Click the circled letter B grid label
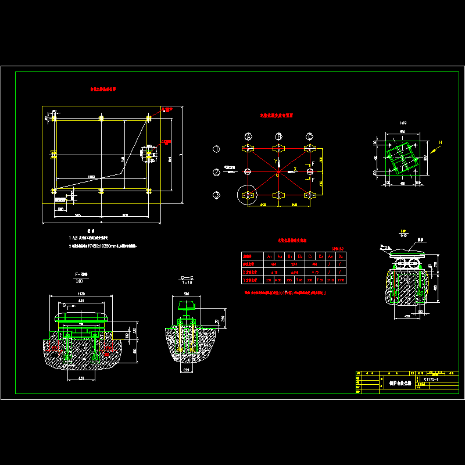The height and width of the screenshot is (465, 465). pyautogui.click(x=279, y=137)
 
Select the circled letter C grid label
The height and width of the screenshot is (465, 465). pyautogui.click(x=309, y=137)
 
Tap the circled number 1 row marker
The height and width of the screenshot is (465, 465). pyautogui.click(x=216, y=149)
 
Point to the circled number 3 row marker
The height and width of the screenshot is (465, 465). pyautogui.click(x=216, y=195)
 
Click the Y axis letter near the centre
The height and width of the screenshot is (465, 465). pyautogui.click(x=275, y=161)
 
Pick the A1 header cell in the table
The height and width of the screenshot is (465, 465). pyautogui.click(x=270, y=256)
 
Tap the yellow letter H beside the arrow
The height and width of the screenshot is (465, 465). pyautogui.click(x=440, y=142)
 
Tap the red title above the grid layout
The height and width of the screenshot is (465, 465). pyautogui.click(x=277, y=116)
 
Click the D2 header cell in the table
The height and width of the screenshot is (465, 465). pyautogui.click(x=341, y=256)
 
